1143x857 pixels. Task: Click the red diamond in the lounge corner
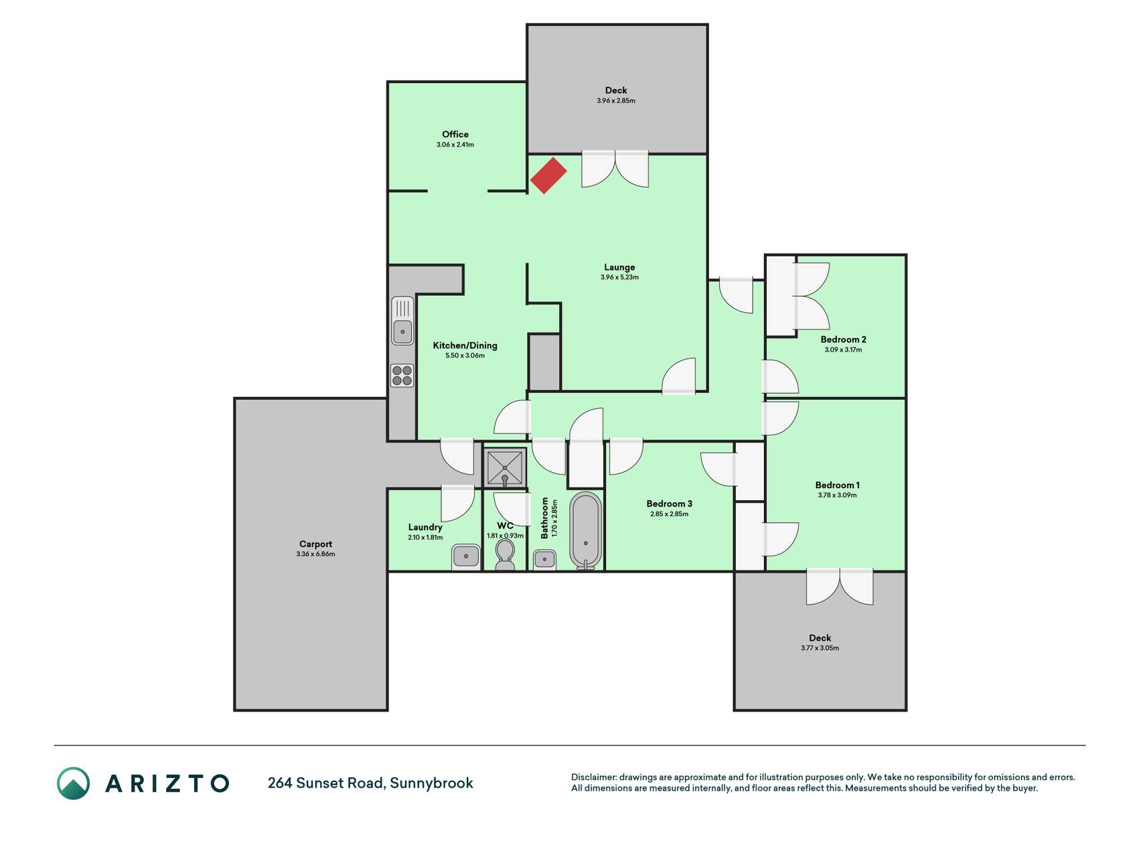tap(548, 175)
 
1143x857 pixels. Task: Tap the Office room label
tap(455, 135)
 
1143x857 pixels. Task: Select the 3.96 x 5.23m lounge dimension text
tap(619, 277)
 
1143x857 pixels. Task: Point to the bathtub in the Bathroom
tap(586, 531)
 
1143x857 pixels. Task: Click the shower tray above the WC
tap(505, 468)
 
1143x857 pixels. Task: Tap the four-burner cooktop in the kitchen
tap(402, 376)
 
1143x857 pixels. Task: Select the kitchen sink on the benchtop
tap(402, 321)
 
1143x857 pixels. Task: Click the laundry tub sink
tap(466, 556)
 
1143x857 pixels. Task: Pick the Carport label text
tap(315, 544)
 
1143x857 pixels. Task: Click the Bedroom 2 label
tap(843, 339)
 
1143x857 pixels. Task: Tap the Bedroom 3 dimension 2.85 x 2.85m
tap(669, 514)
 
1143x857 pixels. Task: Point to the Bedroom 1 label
tap(837, 485)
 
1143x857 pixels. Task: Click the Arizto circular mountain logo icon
tap(73, 783)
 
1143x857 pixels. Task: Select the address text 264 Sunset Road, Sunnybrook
tap(370, 783)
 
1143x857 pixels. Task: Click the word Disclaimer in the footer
tap(594, 777)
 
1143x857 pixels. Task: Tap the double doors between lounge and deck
tap(615, 169)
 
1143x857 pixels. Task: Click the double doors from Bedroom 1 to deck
tap(840, 587)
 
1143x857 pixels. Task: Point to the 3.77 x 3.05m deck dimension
tap(820, 648)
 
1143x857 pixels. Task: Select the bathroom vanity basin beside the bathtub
tap(544, 560)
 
